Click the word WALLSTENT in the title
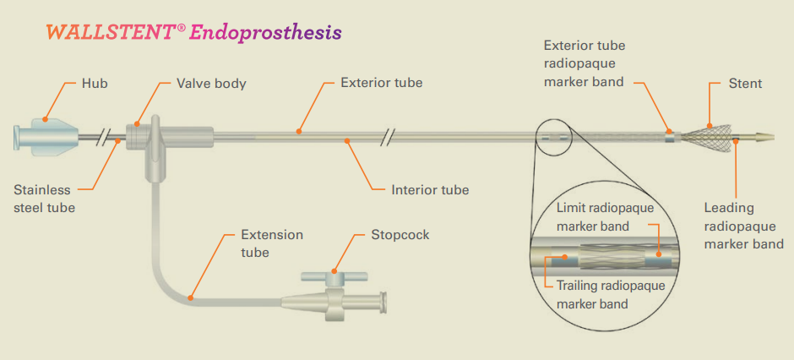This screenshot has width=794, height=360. pyautogui.click(x=111, y=32)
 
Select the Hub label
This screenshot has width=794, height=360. pyautogui.click(x=95, y=84)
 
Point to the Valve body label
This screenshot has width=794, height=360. pyautogui.click(x=211, y=84)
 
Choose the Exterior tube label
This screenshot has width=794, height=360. pyautogui.click(x=381, y=83)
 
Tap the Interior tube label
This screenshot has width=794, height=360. pyautogui.click(x=430, y=190)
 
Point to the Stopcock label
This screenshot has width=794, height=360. pyautogui.click(x=400, y=234)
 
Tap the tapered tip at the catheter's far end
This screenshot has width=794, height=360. pyautogui.click(x=761, y=134)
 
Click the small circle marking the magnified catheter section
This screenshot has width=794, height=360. pyautogui.click(x=553, y=136)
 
